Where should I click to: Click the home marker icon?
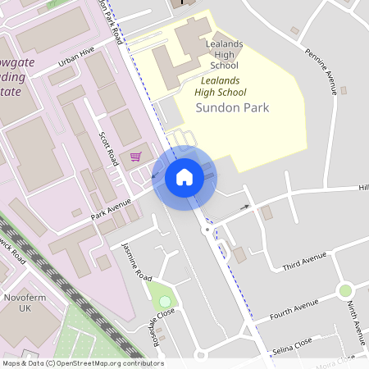pos(184,177)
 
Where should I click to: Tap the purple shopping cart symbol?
pos(135,156)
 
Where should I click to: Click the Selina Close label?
pos(293,340)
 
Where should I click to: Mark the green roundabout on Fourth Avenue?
pos(345,290)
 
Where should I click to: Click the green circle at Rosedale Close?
pos(165,302)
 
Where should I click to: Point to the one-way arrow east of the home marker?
pos(244,207)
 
